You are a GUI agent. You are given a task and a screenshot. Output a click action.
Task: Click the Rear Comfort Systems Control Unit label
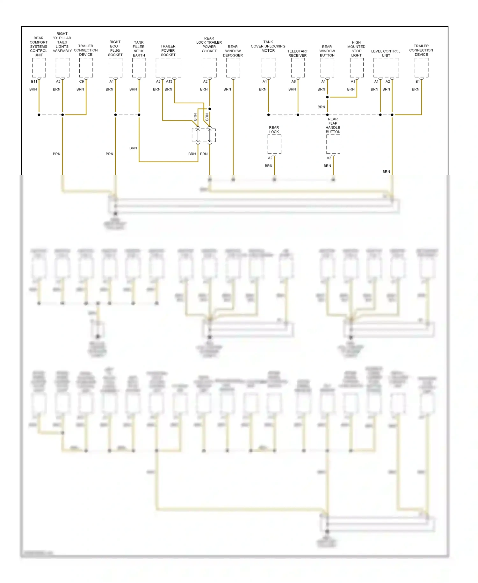pos(39,47)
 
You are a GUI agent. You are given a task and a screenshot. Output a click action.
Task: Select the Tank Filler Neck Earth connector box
pos(139,68)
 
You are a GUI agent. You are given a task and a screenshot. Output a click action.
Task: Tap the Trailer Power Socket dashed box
pos(168,68)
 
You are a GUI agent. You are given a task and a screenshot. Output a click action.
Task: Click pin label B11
pos(34,82)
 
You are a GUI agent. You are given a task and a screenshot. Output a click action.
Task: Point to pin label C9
pos(82,82)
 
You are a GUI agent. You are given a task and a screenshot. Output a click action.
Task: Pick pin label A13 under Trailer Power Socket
pos(169,82)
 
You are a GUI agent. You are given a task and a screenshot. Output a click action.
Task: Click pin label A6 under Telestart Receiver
pos(293,82)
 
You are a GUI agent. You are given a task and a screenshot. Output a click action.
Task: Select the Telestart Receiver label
pos(297,53)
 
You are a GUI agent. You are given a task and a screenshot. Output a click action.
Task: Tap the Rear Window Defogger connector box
pos(233,68)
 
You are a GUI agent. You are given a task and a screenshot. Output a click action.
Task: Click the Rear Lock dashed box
pos(274,144)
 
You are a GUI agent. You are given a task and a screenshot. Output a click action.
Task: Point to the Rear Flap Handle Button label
pos(333,125)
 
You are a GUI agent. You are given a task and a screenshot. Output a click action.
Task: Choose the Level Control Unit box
pos(386,68)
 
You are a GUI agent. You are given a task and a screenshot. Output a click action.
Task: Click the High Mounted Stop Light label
pos(356,49)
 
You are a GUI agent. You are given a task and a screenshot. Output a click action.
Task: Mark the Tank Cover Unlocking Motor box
pos(268,68)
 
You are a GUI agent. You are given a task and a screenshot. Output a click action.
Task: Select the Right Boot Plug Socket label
pos(115,48)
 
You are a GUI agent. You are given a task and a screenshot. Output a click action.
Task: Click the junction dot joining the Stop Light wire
pos(327,97)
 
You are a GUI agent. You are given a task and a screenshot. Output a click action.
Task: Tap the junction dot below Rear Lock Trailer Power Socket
pos(210,109)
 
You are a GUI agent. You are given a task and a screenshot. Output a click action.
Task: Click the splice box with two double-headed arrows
pos(204,136)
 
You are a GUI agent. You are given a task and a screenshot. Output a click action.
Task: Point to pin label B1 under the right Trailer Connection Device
pos(417,82)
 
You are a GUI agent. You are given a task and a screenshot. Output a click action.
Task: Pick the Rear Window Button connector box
pos(327,68)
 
